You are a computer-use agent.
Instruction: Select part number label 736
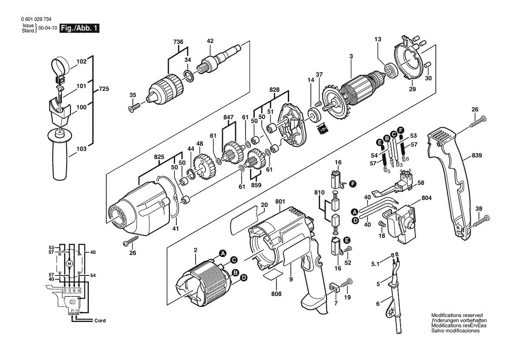click(x=179, y=41)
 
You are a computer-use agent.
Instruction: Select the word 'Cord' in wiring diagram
click(x=100, y=320)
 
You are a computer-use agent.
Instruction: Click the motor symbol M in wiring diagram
click(x=69, y=263)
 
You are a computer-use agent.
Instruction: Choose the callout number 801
click(x=280, y=201)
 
